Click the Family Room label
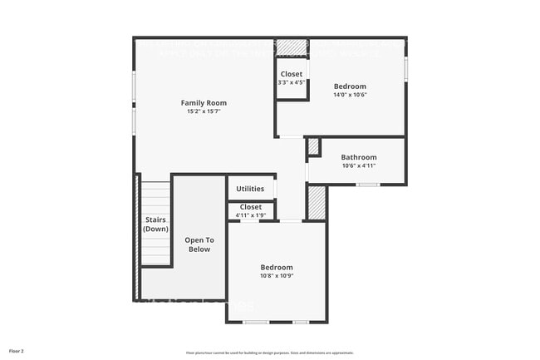204,103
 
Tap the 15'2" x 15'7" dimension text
204,111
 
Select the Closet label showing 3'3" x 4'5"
291,74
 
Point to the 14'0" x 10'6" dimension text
350,95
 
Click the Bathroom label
359,157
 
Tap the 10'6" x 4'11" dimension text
359,165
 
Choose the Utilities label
250,189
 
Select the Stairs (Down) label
155,224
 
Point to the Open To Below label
199,244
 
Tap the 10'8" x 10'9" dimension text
277,275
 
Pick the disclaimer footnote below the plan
269,353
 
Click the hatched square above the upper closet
292,47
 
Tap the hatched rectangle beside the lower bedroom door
316,202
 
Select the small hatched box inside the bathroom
314,146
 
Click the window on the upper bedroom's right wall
405,69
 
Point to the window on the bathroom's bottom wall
368,184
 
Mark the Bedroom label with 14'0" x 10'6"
350,86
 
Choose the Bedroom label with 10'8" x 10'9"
277,267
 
